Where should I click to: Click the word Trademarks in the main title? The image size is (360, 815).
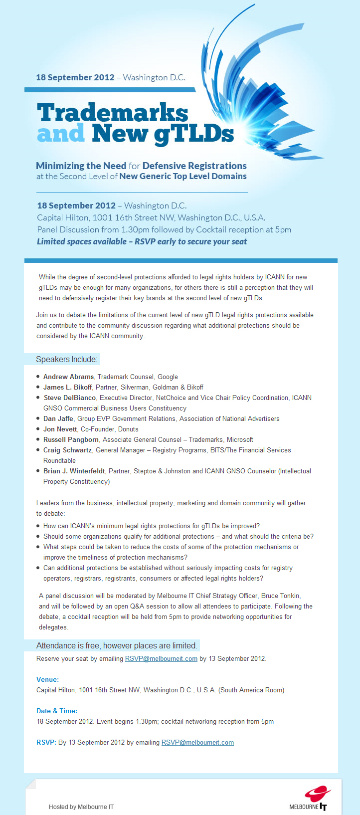pos(113,113)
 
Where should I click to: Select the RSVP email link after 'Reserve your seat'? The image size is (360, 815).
pos(161,658)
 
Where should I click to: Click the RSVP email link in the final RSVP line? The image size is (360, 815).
pos(197,742)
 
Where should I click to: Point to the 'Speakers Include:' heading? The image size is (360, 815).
pos(67,360)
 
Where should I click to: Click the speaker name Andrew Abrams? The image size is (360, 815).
pos(68,377)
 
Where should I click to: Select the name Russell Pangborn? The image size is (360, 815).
pos(71,439)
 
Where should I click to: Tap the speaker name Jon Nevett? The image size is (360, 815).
pos(60,429)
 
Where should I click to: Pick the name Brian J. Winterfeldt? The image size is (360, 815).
pos(74,471)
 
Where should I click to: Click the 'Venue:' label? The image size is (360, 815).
pos(47,679)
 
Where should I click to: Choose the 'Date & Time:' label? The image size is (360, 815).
pos(57,711)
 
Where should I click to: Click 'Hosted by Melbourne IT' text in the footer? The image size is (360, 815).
pos(81,807)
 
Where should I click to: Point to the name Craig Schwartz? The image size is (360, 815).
pos(67,450)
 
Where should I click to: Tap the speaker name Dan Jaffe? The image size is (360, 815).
pos(58,418)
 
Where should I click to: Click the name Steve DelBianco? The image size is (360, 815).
pos(70,398)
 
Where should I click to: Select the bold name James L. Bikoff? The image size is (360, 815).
pos(67,387)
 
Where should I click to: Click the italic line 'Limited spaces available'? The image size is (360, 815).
pos(142,241)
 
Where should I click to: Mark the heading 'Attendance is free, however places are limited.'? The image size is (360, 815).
pos(117,645)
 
